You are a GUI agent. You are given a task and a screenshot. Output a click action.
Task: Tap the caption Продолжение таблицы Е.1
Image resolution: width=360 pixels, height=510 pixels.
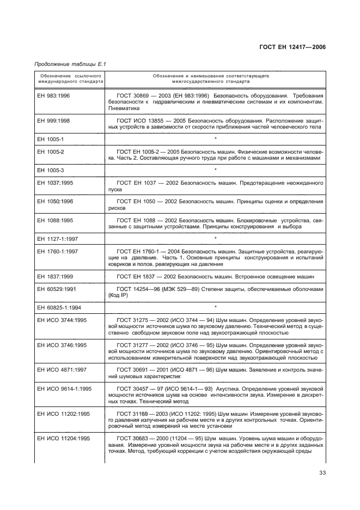pyautogui.click(x=70, y=64)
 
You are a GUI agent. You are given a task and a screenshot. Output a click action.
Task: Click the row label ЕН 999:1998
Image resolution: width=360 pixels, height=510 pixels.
pyautogui.click(x=53, y=119)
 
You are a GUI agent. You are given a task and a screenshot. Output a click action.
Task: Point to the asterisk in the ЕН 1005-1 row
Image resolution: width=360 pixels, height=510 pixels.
pyautogui.click(x=216, y=139)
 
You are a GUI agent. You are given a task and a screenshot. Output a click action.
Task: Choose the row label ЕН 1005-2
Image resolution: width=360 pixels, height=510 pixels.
pyautogui.click(x=50, y=151)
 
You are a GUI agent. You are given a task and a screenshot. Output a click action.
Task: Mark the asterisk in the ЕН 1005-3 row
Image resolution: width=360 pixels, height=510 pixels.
pyautogui.click(x=216, y=171)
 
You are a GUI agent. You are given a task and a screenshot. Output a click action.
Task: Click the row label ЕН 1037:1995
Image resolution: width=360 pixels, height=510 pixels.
pyautogui.click(x=55, y=182)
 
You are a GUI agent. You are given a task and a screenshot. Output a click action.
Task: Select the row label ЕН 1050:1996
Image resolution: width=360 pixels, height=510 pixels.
pyautogui.click(x=55, y=201)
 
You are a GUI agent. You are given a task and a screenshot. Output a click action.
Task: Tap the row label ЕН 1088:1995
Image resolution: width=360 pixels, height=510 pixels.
pyautogui.click(x=55, y=220)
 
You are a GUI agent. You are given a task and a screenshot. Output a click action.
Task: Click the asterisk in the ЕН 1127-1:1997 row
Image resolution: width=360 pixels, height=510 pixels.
pyautogui.click(x=216, y=239)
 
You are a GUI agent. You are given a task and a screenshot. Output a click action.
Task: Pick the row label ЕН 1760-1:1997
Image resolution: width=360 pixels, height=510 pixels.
pyautogui.click(x=58, y=251)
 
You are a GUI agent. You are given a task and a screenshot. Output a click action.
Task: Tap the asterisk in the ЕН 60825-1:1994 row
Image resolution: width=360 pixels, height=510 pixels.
pyautogui.click(x=216, y=307)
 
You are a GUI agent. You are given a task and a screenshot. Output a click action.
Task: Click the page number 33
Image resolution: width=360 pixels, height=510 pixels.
pyautogui.click(x=322, y=479)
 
